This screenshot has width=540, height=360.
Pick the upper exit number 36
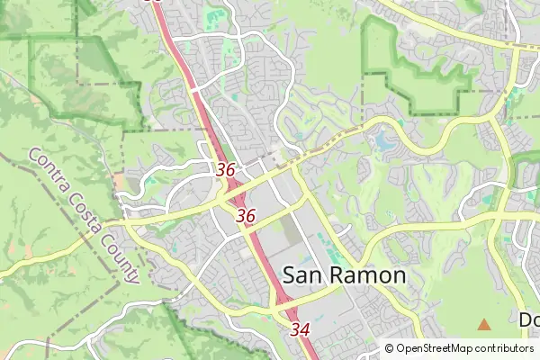coord(226,169)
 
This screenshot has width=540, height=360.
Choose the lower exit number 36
coord(246,216)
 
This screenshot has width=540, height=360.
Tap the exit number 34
coord(300,330)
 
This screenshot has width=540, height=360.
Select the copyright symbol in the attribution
coord(389,348)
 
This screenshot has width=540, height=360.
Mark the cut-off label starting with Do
coord(529,319)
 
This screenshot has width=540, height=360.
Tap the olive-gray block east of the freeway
coord(291,229)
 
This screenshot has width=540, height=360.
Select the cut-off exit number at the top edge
coord(153,2)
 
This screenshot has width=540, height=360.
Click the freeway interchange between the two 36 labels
coord(233,192)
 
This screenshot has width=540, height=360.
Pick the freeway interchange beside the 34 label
coord(275,311)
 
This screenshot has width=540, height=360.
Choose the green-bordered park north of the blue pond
coord(418,72)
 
